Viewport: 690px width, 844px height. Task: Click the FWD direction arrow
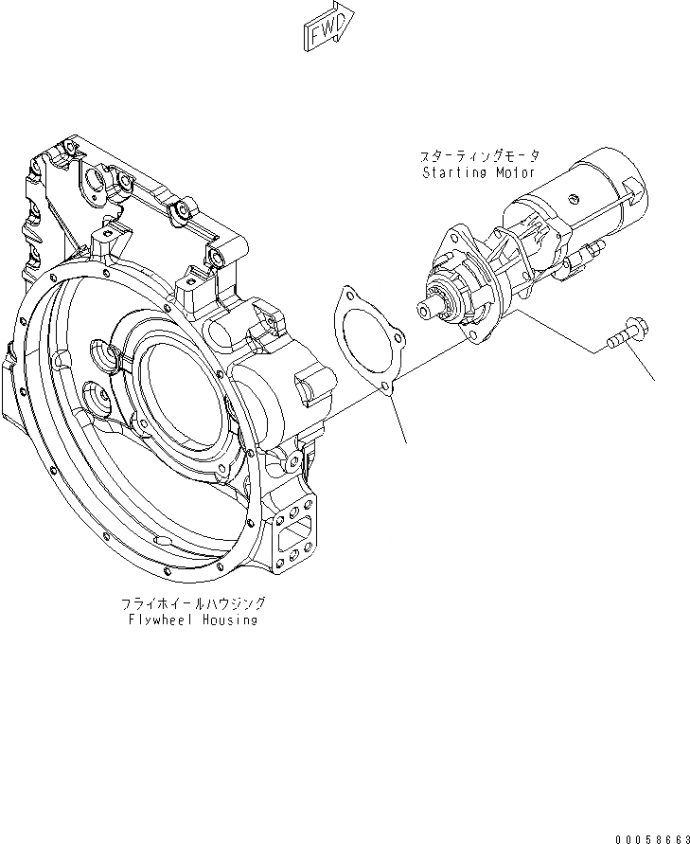(x=328, y=26)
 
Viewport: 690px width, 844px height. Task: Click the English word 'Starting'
(x=453, y=173)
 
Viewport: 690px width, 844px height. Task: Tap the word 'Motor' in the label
(x=515, y=173)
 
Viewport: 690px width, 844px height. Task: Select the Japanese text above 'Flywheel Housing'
(x=193, y=602)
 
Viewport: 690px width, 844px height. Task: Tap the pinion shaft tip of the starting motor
(x=426, y=306)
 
